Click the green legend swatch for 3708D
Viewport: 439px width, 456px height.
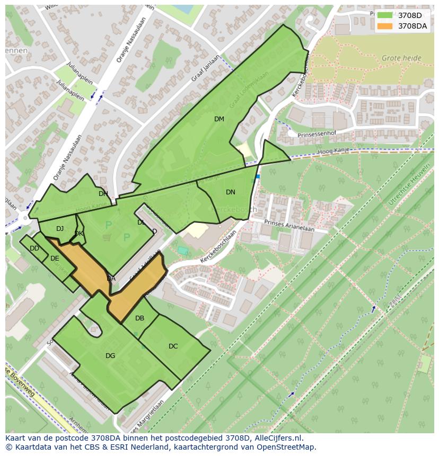[385, 15]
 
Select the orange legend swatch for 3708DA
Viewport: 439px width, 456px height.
[385, 26]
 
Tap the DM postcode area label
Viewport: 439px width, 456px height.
[219, 119]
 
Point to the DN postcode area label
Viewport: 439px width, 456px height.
[230, 192]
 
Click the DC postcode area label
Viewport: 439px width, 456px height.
[173, 346]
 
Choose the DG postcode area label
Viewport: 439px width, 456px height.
[110, 356]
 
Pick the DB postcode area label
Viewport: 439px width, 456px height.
[139, 318]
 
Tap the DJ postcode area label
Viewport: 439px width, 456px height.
[60, 229]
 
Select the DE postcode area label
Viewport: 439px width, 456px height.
[55, 258]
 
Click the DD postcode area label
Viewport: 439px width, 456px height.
[34, 248]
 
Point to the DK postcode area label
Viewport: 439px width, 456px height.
[78, 234]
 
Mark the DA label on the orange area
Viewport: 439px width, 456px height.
[111, 279]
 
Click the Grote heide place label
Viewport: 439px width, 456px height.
[401, 58]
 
